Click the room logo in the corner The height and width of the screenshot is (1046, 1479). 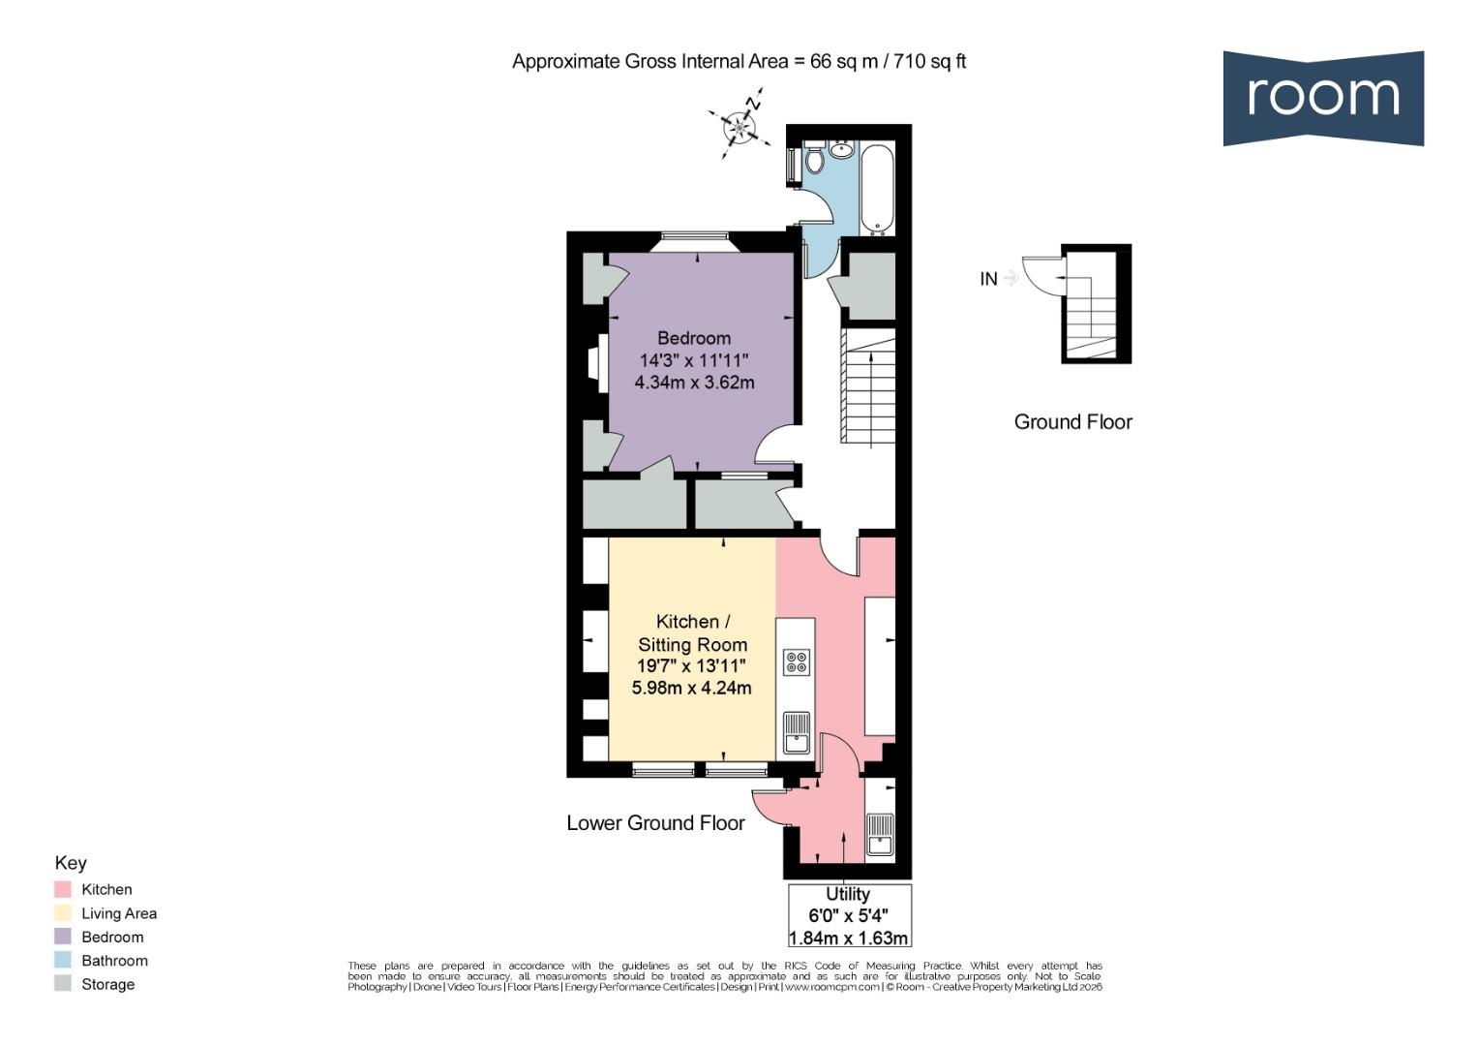pyautogui.click(x=1322, y=98)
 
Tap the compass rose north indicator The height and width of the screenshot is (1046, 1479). pyautogui.click(x=740, y=126)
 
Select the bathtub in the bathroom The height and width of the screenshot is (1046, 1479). pyautogui.click(x=879, y=190)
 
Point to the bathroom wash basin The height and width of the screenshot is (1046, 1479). pyautogui.click(x=841, y=150)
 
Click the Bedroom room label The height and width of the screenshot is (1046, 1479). pyautogui.click(x=693, y=338)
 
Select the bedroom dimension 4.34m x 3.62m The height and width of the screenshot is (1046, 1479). pyautogui.click(x=693, y=383)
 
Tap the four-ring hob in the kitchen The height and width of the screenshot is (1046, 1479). pyautogui.click(x=797, y=662)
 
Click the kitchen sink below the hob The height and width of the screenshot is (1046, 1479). pyautogui.click(x=796, y=733)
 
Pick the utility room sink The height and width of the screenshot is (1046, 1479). pyautogui.click(x=880, y=834)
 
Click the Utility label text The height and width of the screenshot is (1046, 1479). pyautogui.click(x=847, y=894)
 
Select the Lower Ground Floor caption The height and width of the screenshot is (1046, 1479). pyautogui.click(x=655, y=823)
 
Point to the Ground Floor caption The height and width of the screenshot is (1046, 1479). pyautogui.click(x=1072, y=422)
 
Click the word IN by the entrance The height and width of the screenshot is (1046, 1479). pyautogui.click(x=987, y=279)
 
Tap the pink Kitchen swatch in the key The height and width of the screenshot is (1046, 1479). pyautogui.click(x=63, y=889)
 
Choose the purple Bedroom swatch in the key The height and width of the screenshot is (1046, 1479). pyautogui.click(x=63, y=937)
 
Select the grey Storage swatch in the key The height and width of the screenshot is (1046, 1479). pyautogui.click(x=63, y=984)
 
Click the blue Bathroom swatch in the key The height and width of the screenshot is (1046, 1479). pyautogui.click(x=63, y=961)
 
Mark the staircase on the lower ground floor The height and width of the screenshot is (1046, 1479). pyautogui.click(x=868, y=387)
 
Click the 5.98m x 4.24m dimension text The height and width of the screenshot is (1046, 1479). pyautogui.click(x=691, y=689)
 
